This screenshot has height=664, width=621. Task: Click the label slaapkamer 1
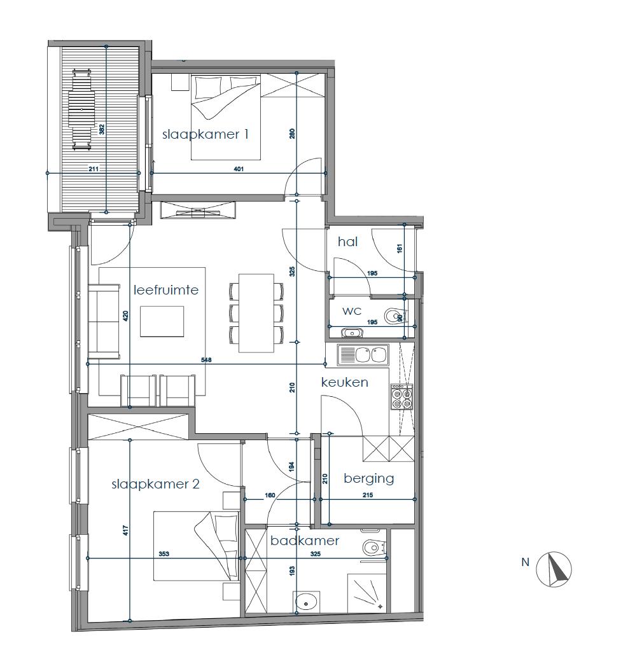click(x=205, y=135)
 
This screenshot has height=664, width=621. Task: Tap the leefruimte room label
click(x=165, y=289)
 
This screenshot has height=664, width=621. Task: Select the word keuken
click(x=344, y=382)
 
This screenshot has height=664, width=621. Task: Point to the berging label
click(x=368, y=478)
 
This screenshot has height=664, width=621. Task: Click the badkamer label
click(x=305, y=541)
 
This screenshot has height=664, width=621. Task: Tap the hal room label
click(x=348, y=242)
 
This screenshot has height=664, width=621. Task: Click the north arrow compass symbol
click(x=554, y=569)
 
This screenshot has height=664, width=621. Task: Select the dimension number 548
click(x=206, y=360)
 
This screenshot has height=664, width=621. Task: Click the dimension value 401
click(x=239, y=169)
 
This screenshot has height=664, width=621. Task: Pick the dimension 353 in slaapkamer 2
click(x=164, y=553)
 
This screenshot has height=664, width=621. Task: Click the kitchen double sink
click(x=363, y=355)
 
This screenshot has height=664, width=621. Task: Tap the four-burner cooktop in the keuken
click(x=401, y=397)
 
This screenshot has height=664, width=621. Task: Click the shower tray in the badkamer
click(x=367, y=593)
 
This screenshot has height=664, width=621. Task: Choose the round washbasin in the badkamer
click(x=306, y=601)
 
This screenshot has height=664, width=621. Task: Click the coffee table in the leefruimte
click(x=162, y=321)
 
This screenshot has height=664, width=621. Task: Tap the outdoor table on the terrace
click(x=81, y=109)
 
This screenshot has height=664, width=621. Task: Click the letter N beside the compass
click(x=526, y=562)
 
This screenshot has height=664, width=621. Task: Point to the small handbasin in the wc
click(x=352, y=333)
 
